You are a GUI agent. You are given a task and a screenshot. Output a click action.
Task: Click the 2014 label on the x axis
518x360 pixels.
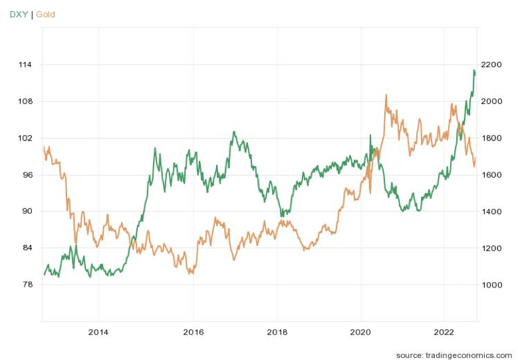[98, 332]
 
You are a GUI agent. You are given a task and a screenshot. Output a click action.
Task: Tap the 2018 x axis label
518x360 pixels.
[277, 332]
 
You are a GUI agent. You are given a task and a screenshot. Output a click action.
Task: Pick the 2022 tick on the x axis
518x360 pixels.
[444, 332]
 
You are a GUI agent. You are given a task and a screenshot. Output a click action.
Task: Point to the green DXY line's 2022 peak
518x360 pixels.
[474, 70]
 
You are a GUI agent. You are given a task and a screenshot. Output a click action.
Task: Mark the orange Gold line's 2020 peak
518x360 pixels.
[386, 95]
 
